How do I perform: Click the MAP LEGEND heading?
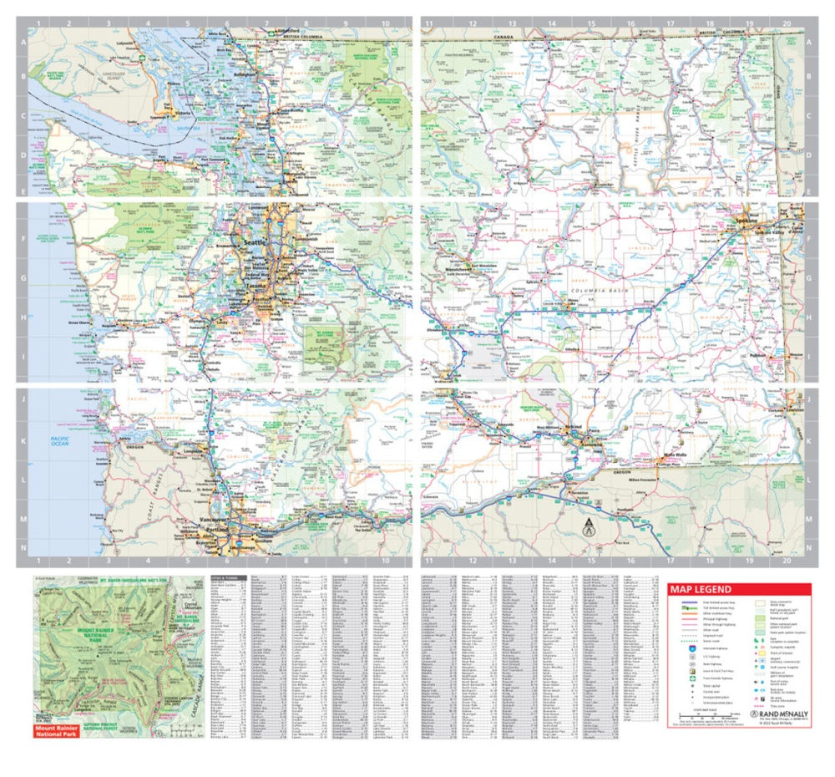click(701, 589)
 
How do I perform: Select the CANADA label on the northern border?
click(504, 37)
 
